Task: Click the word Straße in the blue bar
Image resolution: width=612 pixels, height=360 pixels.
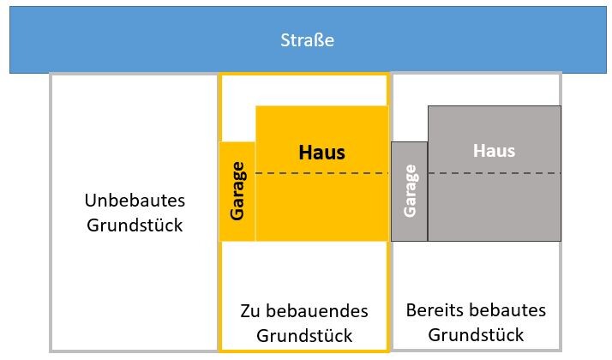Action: (x=307, y=40)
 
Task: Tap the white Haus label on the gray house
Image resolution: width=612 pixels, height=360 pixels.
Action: (x=494, y=151)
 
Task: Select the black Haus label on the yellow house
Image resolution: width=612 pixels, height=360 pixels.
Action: (x=321, y=153)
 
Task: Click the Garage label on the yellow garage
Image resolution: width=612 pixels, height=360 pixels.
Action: (x=237, y=190)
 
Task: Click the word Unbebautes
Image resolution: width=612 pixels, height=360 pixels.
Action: (x=135, y=201)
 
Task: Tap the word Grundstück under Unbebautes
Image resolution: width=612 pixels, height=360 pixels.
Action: (x=135, y=226)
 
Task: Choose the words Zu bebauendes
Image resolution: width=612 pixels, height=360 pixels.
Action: (x=304, y=310)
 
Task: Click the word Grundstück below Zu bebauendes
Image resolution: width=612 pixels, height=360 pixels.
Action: (x=304, y=336)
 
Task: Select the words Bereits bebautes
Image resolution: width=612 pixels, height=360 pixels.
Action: (x=476, y=310)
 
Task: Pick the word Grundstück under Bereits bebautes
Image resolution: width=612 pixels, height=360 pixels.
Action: (x=476, y=334)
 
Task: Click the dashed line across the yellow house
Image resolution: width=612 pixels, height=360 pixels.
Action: (x=321, y=174)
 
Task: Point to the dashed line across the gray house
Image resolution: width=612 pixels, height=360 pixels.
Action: (x=495, y=174)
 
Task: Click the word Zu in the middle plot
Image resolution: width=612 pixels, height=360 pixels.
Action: (x=250, y=310)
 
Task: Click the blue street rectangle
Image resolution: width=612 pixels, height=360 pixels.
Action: (x=129, y=40)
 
